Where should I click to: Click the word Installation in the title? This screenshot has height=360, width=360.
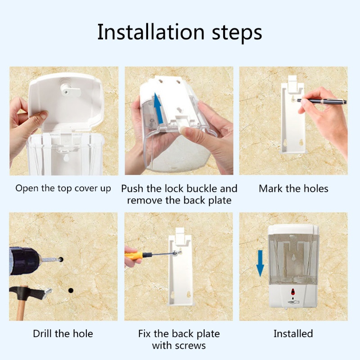point(151,32)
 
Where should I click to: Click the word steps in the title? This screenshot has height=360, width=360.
point(237,33)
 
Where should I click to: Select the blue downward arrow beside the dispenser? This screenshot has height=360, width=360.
point(260,263)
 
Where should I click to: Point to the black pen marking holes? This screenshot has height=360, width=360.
point(321,101)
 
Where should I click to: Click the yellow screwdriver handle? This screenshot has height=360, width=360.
point(134,255)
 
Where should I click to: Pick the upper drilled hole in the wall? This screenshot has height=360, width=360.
point(61,260)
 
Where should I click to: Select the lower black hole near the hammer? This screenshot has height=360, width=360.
point(71,290)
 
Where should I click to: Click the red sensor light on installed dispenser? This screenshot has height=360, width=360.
point(293,292)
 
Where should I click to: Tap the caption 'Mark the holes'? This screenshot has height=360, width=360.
point(293,189)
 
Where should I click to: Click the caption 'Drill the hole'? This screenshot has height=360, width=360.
point(63,333)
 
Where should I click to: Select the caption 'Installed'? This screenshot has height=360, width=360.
point(293,333)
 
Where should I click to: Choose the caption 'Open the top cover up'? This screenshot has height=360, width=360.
point(63,189)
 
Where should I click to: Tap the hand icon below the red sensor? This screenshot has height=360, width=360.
point(293,302)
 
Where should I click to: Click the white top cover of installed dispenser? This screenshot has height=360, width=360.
point(293,229)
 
